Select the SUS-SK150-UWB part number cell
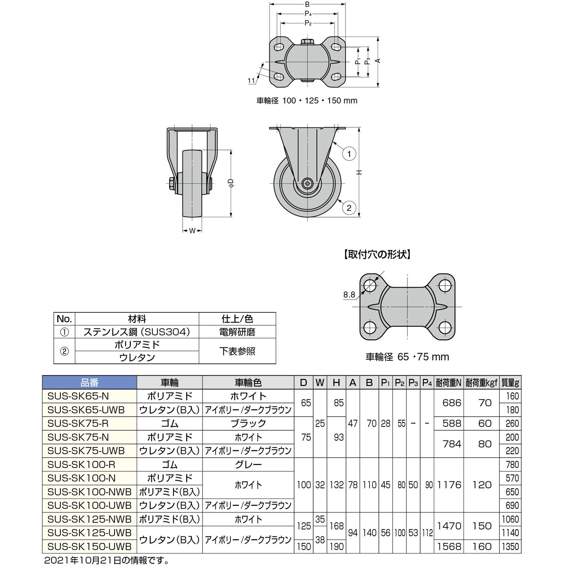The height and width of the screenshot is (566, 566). click(x=90, y=546)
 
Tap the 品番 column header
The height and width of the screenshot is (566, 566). click(x=90, y=383)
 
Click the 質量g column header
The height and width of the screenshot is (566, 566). click(x=510, y=383)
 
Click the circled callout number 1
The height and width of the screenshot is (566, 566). click(x=349, y=154)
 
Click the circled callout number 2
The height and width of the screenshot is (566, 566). click(x=349, y=208)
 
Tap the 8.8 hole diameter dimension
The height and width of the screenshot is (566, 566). click(x=349, y=295)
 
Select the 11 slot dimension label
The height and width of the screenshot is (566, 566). click(x=251, y=81)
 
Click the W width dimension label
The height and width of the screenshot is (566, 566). click(x=192, y=230)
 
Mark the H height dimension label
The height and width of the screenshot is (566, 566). click(x=359, y=172)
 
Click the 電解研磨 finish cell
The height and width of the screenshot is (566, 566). click(x=237, y=332)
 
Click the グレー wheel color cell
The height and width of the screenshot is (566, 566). click(x=248, y=464)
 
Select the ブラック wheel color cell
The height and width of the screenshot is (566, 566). click(x=248, y=423)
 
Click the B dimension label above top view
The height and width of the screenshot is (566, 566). click(x=307, y=5)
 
